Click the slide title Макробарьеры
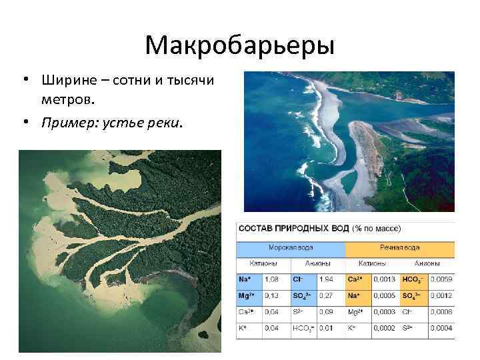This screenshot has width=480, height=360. (x=239, y=45)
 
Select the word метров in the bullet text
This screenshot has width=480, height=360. (x=66, y=100)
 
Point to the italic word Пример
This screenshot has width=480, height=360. (x=69, y=123)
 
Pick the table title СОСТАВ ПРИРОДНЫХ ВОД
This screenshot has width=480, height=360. (x=293, y=229)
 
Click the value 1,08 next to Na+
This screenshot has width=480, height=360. (x=273, y=279)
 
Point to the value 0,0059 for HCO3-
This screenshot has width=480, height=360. (x=441, y=279)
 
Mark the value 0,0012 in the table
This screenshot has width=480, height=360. (x=441, y=295)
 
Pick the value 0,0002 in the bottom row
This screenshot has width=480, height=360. (x=386, y=328)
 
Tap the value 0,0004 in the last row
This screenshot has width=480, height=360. (x=441, y=328)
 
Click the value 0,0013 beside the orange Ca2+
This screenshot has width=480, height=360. (x=386, y=279)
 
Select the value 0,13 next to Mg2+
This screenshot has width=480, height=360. (x=273, y=295)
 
